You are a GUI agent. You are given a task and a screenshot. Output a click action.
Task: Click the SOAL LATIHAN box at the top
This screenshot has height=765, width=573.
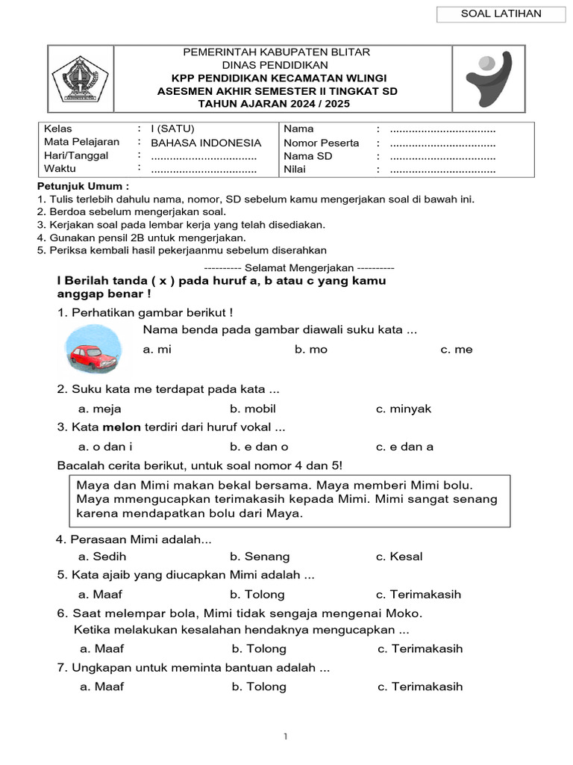pyautogui.click(x=501, y=13)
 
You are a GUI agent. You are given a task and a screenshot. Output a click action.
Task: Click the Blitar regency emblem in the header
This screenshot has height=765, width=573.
pyautogui.click(x=80, y=78)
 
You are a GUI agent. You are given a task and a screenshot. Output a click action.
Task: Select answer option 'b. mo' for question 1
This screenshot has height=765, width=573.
pyautogui.click(x=310, y=350)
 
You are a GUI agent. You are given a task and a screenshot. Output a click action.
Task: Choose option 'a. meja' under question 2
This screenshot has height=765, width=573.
pyautogui.click(x=100, y=409)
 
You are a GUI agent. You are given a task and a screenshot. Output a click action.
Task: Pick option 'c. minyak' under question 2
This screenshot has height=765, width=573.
pyautogui.click(x=403, y=409)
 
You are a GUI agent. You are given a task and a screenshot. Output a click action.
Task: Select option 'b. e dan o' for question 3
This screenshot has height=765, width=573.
pyautogui.click(x=259, y=447)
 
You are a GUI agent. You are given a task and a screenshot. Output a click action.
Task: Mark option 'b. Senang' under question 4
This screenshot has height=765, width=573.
pyautogui.click(x=260, y=557)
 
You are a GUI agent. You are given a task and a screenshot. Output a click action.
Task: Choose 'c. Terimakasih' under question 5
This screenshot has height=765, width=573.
pyautogui.click(x=418, y=595)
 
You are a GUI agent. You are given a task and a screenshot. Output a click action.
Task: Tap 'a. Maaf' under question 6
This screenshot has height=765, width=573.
pyautogui.click(x=102, y=648)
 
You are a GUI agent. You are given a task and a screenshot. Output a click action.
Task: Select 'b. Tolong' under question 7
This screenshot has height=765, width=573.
pyautogui.click(x=259, y=687)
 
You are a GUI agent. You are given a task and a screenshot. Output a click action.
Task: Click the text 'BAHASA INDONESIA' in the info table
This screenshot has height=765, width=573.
pyautogui.click(x=206, y=143)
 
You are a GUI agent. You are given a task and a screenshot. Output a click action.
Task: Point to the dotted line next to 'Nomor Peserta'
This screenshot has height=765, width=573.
pyautogui.click(x=442, y=143)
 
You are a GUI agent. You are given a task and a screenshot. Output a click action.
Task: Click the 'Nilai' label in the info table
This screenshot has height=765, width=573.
pyautogui.click(x=295, y=170)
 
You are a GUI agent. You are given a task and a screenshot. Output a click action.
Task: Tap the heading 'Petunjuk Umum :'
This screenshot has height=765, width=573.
pyautogui.click(x=83, y=185)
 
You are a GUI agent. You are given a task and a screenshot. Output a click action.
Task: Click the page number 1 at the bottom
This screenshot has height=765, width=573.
pyautogui.click(x=286, y=737)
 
